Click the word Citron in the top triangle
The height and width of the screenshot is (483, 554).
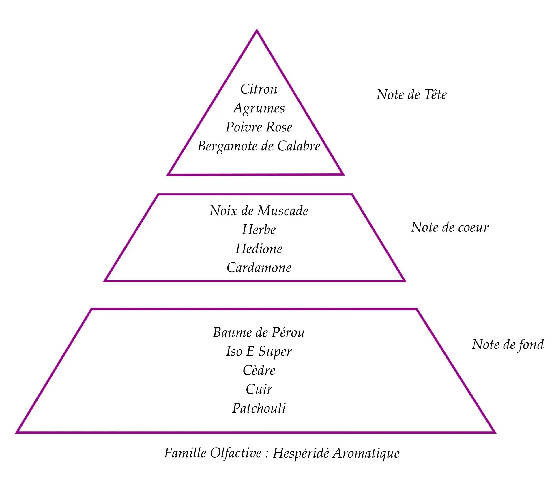[259, 89]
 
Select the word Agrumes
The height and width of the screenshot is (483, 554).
[259, 108]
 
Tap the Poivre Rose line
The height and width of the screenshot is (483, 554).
[259, 127]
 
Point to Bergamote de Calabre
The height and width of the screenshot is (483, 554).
[259, 146]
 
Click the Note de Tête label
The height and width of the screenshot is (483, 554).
[411, 95]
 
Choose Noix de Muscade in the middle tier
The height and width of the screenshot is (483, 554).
[259, 211]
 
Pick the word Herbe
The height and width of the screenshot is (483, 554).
[259, 230]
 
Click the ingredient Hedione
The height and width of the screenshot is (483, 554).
[259, 249]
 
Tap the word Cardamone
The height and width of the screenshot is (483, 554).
[259, 268]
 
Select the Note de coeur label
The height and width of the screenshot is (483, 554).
[450, 227]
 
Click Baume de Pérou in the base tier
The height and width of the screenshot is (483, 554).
[259, 332]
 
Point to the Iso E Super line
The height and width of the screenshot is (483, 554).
[259, 351]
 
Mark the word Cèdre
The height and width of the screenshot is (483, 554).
[259, 370]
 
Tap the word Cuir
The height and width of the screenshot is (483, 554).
[259, 389]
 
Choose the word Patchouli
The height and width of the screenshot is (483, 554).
[259, 408]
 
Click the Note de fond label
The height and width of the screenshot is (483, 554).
[508, 344]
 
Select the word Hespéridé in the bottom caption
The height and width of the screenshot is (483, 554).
[301, 453]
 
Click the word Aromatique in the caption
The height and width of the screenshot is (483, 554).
[366, 453]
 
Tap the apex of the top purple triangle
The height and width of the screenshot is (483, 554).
[257, 31]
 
